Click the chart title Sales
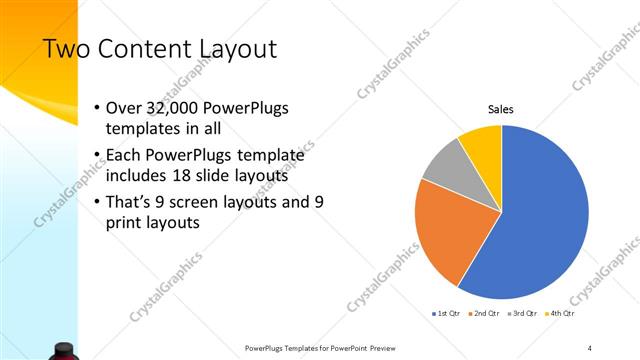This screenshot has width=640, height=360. pyautogui.click(x=501, y=109)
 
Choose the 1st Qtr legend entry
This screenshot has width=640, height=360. pyautogui.click(x=445, y=314)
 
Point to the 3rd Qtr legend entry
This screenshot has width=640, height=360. pyautogui.click(x=523, y=314)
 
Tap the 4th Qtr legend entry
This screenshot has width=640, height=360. pyautogui.click(x=561, y=314)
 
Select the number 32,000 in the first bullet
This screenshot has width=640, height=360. pyautogui.click(x=170, y=108)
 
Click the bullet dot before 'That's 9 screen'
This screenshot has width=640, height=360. pyautogui.click(x=95, y=202)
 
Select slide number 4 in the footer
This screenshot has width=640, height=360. pyautogui.click(x=590, y=347)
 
